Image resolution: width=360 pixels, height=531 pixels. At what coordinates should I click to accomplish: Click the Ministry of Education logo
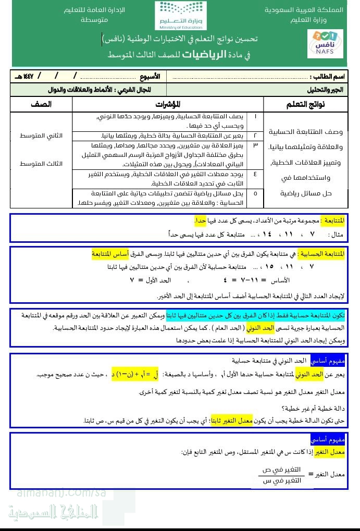point(180,16)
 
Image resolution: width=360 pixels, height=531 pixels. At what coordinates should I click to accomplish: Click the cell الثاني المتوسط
point(41,135)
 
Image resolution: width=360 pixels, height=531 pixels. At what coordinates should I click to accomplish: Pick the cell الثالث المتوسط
point(41,164)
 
